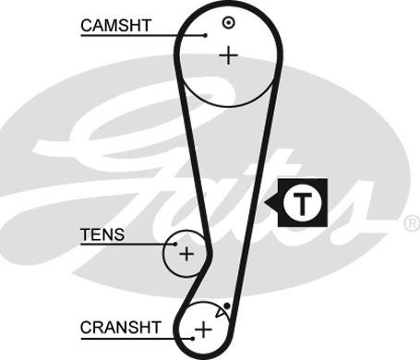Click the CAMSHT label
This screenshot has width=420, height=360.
(x=116, y=26)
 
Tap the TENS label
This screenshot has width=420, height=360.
(x=102, y=234)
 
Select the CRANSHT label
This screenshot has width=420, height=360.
(x=121, y=328)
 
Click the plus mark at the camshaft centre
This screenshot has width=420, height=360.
(x=228, y=55)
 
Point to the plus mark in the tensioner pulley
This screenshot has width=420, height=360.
(x=186, y=254)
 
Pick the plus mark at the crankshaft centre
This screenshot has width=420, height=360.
(x=203, y=330)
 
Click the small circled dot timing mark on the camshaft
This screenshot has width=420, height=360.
(x=229, y=22)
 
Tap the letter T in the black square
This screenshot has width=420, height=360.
(x=303, y=203)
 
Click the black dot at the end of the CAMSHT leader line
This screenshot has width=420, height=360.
(x=205, y=35)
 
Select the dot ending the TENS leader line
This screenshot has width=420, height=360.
(x=175, y=245)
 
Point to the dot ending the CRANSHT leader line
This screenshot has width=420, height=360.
(x=193, y=339)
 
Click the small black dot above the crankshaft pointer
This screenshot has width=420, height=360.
(x=227, y=306)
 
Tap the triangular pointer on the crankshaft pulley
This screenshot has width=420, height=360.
(x=220, y=312)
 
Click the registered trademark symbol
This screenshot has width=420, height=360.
(x=412, y=223)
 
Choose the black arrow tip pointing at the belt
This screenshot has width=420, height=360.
(x=265, y=203)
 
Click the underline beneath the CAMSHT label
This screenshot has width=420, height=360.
(x=143, y=36)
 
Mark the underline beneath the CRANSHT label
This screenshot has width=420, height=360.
(x=137, y=339)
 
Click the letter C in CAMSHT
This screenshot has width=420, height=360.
(x=87, y=26)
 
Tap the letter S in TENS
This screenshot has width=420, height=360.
(x=119, y=234)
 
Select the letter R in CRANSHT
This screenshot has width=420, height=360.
(x=99, y=328)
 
